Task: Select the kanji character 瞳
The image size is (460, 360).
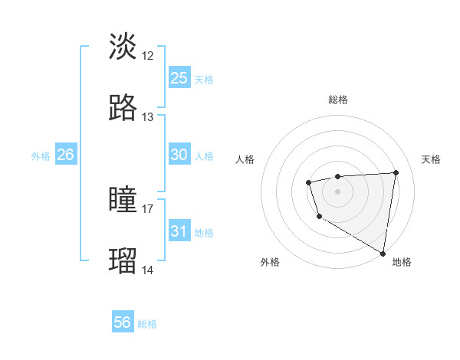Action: [123, 201]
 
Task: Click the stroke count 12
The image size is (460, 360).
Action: [148, 55]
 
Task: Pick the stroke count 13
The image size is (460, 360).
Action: [148, 117]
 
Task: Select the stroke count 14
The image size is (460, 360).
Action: [148, 270]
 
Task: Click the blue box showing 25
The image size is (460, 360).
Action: [179, 77]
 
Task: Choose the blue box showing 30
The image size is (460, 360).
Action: [179, 155]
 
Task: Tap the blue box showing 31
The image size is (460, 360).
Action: [179, 231]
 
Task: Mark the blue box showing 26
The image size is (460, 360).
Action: [66, 155]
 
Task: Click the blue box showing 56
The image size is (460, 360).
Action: [123, 322]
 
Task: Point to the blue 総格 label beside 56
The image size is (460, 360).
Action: [147, 324]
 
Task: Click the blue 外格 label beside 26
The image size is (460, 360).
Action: [41, 156]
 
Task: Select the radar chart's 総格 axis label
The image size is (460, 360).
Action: [338, 100]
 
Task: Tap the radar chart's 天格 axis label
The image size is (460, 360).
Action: [431, 159]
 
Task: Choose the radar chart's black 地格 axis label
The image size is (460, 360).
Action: [402, 262]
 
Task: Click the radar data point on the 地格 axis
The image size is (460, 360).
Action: [383, 253]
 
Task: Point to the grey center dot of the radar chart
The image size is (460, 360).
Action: [338, 190]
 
